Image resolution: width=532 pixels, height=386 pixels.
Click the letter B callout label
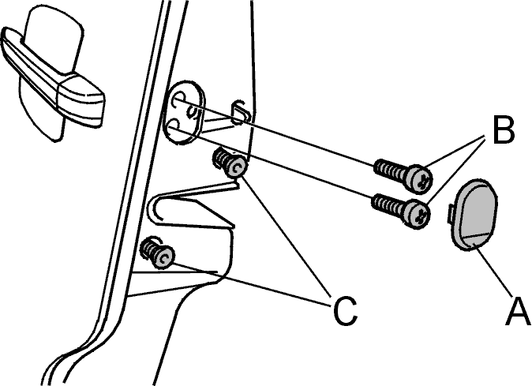point(503,130)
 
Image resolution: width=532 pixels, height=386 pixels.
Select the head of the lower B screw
point(417,214)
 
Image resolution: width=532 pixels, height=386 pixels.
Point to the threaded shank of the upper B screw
point(391,169)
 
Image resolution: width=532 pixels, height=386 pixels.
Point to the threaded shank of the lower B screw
point(389,204)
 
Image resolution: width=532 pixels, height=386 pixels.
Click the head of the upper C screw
point(235,167)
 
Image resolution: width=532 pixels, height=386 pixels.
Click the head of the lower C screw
point(164,257)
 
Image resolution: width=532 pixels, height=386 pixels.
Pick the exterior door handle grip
point(53,79)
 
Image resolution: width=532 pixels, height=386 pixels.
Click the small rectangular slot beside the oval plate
point(241,112)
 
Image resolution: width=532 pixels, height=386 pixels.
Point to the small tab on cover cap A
point(451,214)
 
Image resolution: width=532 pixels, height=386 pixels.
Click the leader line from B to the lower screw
point(455,170)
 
